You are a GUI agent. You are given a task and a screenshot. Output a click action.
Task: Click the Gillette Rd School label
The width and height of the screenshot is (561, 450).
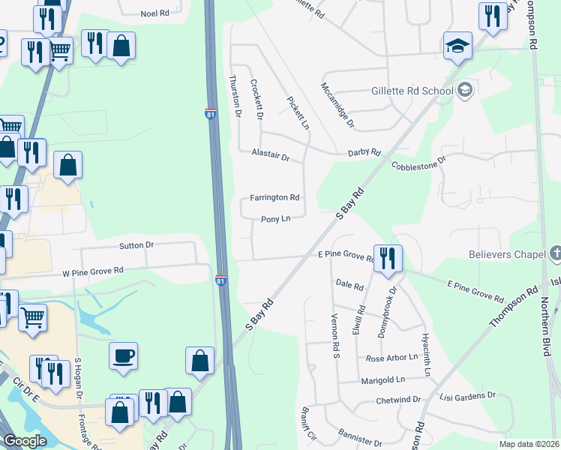tap(412, 91)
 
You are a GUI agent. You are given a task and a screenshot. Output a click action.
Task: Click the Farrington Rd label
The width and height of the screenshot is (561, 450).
tap(274, 198)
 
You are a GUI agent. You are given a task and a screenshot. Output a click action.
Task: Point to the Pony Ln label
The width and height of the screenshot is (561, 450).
tap(275, 219)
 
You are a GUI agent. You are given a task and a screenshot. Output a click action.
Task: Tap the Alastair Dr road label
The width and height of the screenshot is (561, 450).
tap(271, 156)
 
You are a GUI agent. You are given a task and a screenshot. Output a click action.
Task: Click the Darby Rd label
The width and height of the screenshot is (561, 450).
tap(364, 152)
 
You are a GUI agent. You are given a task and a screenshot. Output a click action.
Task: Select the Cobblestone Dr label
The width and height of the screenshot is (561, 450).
tap(419, 160)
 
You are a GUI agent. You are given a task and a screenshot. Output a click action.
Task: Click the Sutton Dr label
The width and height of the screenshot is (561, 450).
tap(136, 245)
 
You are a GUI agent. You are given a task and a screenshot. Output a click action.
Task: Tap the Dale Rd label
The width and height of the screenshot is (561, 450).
tap(349, 285)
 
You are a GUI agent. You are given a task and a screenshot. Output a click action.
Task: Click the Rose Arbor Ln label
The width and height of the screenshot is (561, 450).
tap(391, 358)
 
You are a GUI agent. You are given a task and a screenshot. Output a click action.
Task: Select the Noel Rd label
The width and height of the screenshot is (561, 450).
tap(155, 14)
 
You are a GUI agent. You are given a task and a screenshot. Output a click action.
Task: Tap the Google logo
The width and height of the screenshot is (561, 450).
tap(25, 441)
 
